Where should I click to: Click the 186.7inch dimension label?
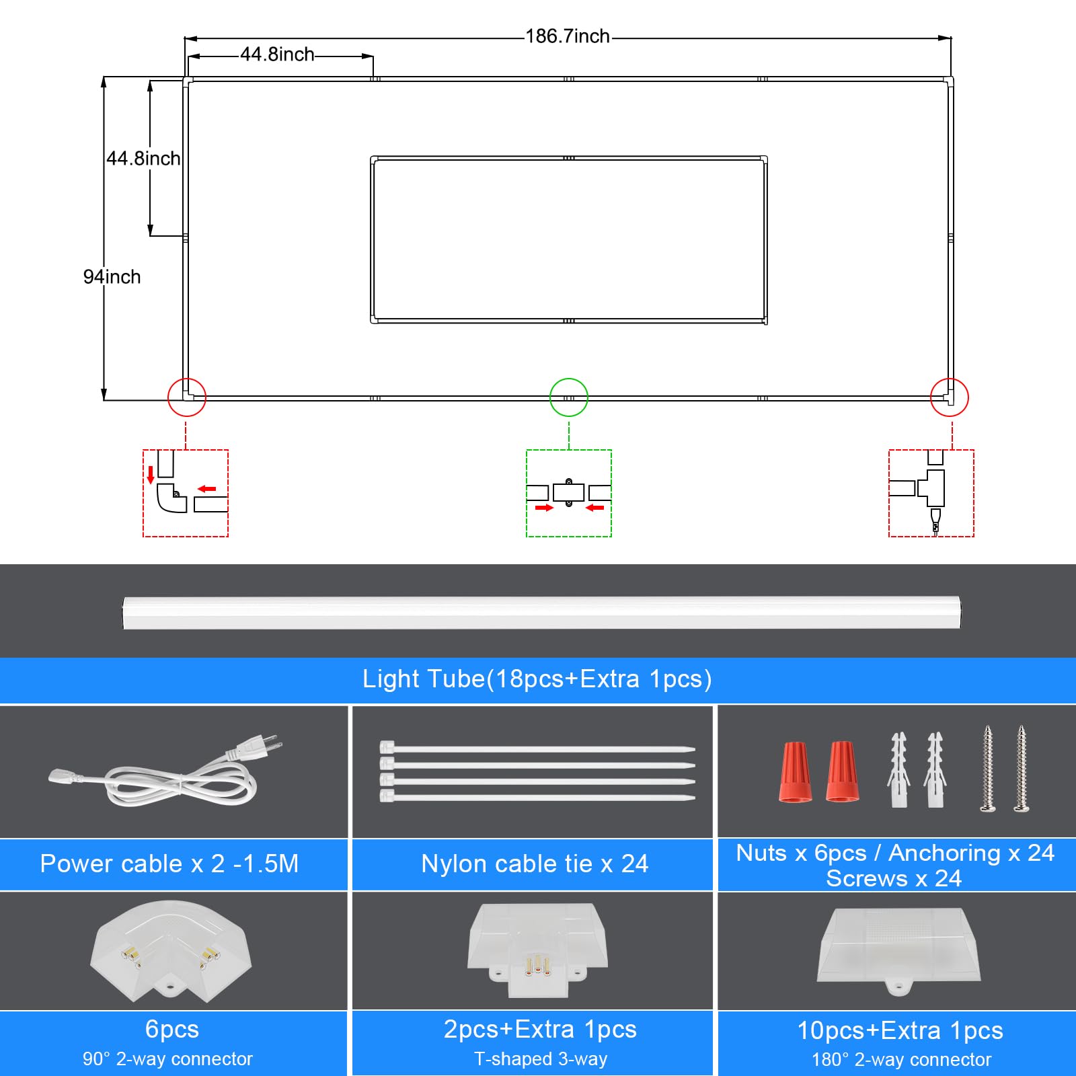(567, 36)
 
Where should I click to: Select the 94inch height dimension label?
(112, 276)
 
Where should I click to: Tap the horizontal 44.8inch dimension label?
(277, 54)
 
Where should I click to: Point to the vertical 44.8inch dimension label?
(143, 159)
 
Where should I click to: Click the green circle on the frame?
(569, 397)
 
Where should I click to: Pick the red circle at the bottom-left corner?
(187, 397)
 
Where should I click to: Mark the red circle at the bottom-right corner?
(950, 397)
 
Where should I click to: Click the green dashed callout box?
(569, 493)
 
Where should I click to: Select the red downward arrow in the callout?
(151, 474)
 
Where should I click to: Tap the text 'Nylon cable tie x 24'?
(535, 864)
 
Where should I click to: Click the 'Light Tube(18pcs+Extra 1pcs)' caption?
(537, 679)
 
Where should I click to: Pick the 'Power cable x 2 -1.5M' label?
(169, 864)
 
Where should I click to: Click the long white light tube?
(542, 612)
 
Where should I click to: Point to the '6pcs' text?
(172, 1030)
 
